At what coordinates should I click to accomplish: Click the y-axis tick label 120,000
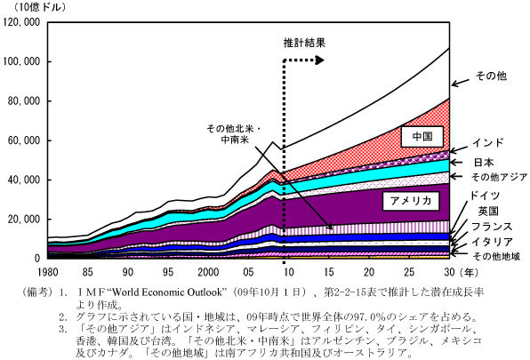pos(21,22)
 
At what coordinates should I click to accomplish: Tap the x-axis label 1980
pos(48,272)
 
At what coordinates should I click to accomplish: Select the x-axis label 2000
pos(208,272)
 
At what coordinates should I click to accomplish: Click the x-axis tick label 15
pos(328,272)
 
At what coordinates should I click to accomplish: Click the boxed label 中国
pos(422,136)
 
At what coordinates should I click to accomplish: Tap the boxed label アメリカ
pos(411,201)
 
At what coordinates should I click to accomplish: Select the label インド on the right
pos(487,142)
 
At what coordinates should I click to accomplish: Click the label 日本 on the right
pos(484,163)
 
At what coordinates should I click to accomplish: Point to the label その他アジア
pos(499,177)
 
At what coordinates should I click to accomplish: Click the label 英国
pos(488,212)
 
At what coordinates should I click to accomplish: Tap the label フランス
pos(492,227)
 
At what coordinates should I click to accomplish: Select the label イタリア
pos(492,242)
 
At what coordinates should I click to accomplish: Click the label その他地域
pos(496,257)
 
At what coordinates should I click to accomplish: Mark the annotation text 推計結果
pos(304,43)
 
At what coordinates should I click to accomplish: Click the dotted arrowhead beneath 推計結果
pos(319,60)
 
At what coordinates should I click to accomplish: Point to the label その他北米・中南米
pos(234,134)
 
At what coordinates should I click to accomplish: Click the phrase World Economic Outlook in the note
pos(166,292)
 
